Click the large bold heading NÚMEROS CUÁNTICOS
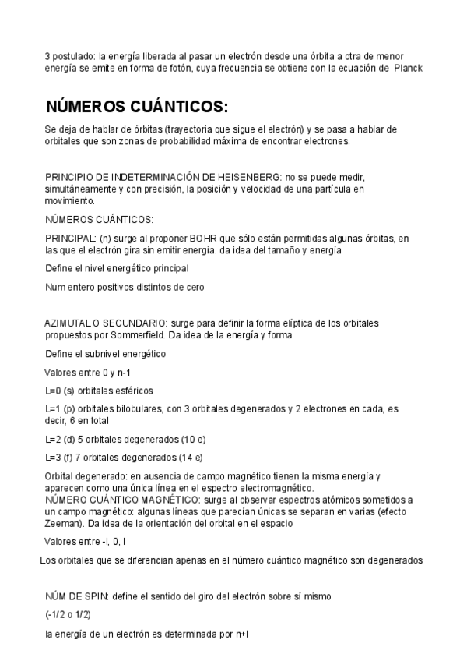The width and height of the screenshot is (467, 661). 137,107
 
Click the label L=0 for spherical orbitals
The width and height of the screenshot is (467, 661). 55,390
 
